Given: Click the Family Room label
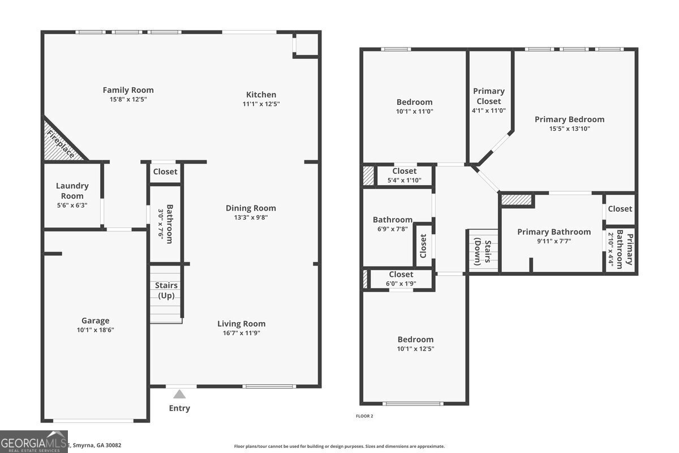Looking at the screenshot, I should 128,90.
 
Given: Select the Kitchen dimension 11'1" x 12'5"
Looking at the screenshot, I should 261,104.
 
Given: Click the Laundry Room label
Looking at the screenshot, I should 72,191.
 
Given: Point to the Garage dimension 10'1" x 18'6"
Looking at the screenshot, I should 95,330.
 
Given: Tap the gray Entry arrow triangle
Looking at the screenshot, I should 179,394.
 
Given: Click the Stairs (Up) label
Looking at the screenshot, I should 166,290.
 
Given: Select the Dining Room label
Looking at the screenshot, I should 251,208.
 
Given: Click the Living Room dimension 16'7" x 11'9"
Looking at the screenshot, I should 242,333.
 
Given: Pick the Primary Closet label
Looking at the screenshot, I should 489,96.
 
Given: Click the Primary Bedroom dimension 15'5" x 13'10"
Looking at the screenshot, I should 569,129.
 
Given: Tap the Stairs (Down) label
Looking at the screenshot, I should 482,251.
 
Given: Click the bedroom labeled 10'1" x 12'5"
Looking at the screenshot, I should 415,344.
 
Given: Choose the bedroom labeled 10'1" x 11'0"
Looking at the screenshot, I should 414,107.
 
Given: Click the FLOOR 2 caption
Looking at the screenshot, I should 364,416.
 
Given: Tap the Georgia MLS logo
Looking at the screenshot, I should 33,442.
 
